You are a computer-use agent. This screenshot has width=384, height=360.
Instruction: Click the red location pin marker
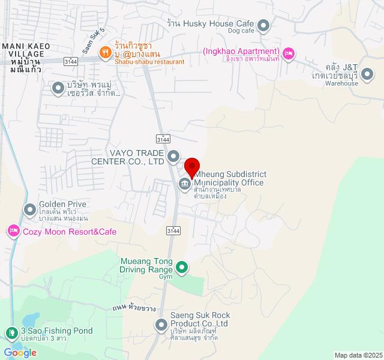[192, 166]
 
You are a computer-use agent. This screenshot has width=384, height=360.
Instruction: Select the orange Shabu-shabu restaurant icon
[105, 52]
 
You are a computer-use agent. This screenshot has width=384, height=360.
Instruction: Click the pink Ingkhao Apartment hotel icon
[289, 54]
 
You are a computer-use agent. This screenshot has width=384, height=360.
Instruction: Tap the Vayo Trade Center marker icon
[173, 157]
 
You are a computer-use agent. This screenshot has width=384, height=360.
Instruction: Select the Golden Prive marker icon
[29, 209]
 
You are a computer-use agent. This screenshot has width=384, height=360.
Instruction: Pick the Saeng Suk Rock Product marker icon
[161, 325]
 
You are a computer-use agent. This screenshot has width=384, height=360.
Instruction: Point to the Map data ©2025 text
[358, 355]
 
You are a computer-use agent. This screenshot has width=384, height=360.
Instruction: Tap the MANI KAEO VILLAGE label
[23, 50]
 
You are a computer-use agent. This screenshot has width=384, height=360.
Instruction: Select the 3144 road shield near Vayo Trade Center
[163, 139]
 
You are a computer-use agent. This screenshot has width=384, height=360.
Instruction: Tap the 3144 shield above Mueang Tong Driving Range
[173, 231]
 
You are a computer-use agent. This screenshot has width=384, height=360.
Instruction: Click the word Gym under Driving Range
[165, 277]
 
